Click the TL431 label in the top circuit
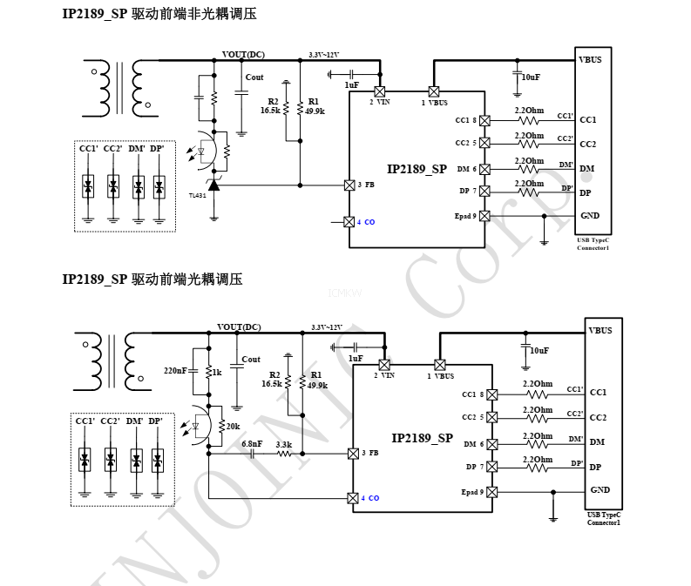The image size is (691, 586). pos(198,195)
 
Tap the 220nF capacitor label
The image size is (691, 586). pos(175,371)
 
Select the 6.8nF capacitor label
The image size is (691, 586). pos(251,444)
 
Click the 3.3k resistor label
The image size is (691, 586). pos(283,444)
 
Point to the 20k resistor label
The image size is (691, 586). pos(233,426)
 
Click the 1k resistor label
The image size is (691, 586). pos(216,372)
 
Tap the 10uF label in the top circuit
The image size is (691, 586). pos(531,77)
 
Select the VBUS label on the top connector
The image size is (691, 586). pos(590,60)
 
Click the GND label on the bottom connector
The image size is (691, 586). pos(600,490)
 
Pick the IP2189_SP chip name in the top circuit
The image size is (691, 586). pos(417,169)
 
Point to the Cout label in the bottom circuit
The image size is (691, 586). pos(251,359)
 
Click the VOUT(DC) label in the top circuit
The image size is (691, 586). pos(243,55)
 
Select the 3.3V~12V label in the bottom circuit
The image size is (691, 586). pos(327,327)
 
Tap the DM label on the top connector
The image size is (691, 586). pos(587,168)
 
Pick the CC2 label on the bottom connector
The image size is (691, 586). pos(598,417)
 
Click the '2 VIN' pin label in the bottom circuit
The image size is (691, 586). pos(383,375)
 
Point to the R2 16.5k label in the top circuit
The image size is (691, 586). pos(272,106)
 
